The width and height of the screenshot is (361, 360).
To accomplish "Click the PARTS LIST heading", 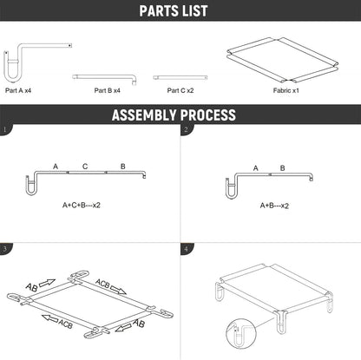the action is [x=174, y=10].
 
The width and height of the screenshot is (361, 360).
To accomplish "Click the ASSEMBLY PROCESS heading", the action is [x=174, y=115].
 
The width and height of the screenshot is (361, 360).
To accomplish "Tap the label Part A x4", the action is [x=18, y=90].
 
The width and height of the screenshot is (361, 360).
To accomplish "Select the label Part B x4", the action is [x=107, y=90].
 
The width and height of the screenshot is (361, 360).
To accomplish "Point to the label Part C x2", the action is [x=180, y=90].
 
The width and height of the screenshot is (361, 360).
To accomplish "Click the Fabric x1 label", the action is [x=286, y=90].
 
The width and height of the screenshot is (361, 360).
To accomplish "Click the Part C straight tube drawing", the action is [x=180, y=77].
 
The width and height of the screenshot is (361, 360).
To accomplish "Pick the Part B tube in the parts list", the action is [x=104, y=77].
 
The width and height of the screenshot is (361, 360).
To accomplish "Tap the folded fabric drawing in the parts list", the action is [x=282, y=60].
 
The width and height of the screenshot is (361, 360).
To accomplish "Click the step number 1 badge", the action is [x=4, y=129].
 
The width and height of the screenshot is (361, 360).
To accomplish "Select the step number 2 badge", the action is [x=186, y=129].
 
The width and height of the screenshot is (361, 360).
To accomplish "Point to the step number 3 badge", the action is [x=4, y=249].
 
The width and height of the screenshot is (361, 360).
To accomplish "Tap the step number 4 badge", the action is [x=186, y=249].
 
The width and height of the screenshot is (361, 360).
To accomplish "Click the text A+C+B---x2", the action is [x=82, y=206].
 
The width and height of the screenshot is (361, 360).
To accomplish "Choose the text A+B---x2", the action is [x=274, y=206].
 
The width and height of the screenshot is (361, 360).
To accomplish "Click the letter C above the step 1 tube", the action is [x=85, y=167].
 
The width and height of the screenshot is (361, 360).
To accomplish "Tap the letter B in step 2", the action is [x=283, y=168].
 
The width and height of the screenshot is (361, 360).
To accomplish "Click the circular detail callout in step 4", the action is [x=241, y=334].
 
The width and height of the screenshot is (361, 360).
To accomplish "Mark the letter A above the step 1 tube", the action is [x=56, y=167].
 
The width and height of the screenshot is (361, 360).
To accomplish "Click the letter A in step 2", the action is [x=255, y=168].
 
